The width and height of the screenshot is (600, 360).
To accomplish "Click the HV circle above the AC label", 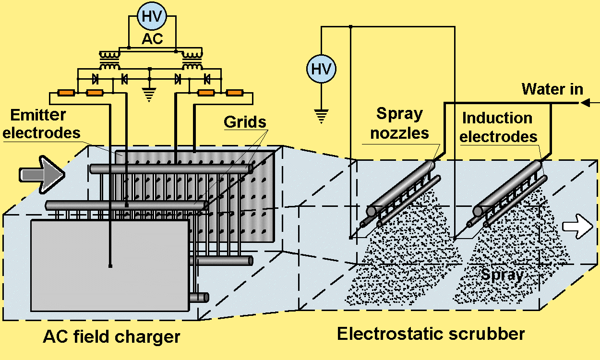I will point(152,17).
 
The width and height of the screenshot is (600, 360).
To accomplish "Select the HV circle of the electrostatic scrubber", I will point(322,69).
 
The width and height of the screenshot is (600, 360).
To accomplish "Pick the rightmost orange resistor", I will point(234,93).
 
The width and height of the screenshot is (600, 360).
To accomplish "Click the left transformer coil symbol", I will point(109,60).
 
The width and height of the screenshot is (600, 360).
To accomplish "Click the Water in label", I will point(552,89).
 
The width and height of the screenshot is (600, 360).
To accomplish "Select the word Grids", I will point(245,122).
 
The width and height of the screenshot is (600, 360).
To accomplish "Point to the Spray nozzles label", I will point(399,123).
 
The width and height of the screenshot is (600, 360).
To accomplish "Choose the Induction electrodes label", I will point(497,127).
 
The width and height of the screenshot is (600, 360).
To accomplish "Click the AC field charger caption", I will point(111,336).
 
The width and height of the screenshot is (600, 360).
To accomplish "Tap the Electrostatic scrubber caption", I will point(431,334).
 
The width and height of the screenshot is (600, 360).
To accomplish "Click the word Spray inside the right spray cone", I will point(502,275).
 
